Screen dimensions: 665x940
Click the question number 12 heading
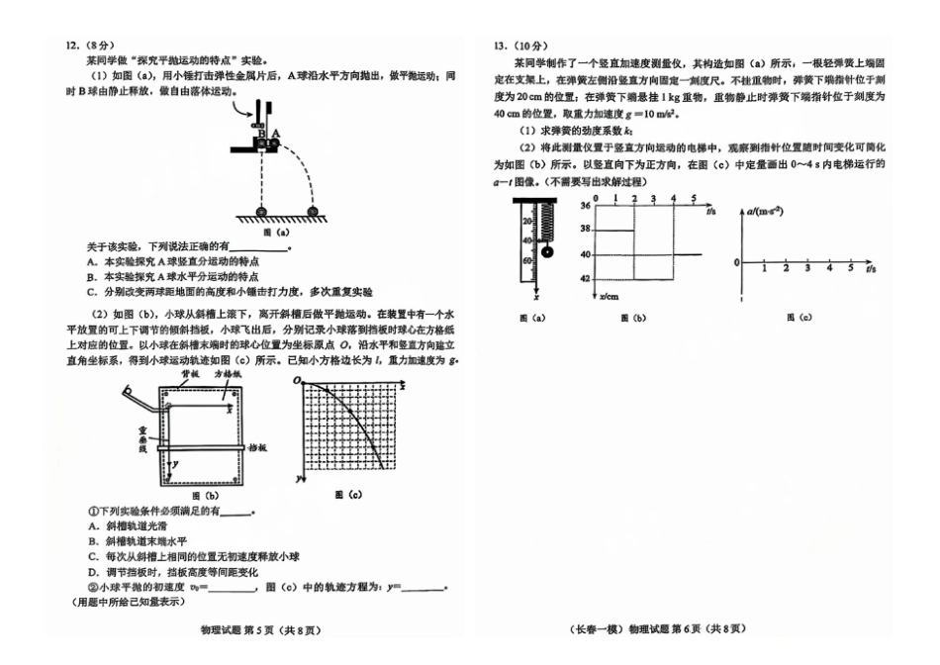(x=71, y=46)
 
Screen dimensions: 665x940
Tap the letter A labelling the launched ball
(x=277, y=133)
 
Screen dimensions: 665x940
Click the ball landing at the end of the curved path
(x=315, y=210)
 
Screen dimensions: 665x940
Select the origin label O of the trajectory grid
(x=297, y=381)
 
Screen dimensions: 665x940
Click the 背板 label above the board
(x=192, y=377)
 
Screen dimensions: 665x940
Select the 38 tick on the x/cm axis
(x=586, y=230)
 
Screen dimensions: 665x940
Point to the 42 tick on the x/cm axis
(x=586, y=279)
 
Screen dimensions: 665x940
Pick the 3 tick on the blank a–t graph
(x=808, y=268)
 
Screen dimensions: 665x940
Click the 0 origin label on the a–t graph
(x=736, y=262)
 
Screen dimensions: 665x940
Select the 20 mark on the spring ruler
(x=526, y=222)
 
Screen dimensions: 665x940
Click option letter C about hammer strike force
(x=91, y=293)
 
